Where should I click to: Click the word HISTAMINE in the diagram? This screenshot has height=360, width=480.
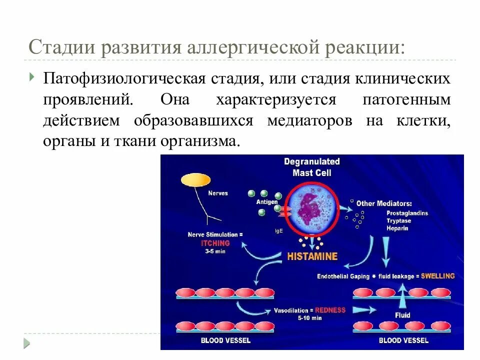pos(312,256)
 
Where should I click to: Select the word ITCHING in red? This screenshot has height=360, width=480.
pos(215,243)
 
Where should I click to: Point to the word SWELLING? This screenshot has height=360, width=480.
pos(437,276)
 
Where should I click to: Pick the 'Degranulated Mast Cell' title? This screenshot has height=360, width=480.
pos(311,167)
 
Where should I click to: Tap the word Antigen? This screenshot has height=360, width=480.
pos(267,202)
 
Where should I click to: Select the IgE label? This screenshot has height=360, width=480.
pos(278,231)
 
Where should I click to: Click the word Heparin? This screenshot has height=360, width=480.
pos(397,228)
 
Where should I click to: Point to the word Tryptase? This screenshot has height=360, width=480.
pos(399,220)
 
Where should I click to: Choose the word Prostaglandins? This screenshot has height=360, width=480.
pos(407,213)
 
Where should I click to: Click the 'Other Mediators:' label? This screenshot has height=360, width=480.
pos(383,203)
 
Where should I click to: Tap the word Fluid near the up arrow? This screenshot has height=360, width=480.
pos(402,315)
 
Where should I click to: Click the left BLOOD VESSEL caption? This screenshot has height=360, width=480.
pos(225,340)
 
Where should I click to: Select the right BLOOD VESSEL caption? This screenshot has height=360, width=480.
pos(403,340)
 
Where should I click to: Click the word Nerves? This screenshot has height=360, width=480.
pos(217,193)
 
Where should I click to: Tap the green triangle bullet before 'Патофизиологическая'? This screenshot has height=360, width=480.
pos(32,76)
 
